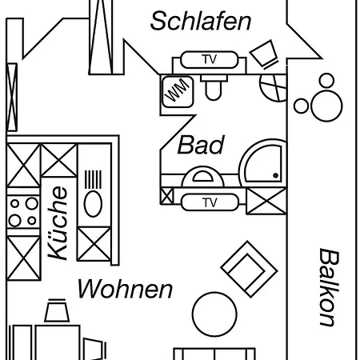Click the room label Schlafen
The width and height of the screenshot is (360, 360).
[x=201, y=21]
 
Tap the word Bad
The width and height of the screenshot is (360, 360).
[x=201, y=145]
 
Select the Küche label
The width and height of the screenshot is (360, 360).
[x=58, y=223]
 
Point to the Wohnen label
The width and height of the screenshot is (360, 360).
[x=125, y=289]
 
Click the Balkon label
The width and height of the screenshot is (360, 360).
[x=330, y=287]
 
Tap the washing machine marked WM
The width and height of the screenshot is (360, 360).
[x=178, y=92]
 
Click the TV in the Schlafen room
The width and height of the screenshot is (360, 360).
[x=209, y=59]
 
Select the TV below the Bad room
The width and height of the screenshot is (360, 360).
[x=210, y=202]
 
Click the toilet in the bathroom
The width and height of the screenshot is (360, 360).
[x=214, y=87]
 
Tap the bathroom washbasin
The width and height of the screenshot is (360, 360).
[x=202, y=177]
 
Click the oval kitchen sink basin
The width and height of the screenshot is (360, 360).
[x=93, y=204]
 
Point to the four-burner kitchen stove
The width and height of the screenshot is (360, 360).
[x=23, y=212]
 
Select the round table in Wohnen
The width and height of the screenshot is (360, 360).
[x=214, y=314]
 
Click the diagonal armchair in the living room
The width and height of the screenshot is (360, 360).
[x=249, y=270]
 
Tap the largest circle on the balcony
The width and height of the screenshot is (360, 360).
[x=326, y=106]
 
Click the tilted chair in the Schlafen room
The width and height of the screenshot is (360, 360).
[x=264, y=54]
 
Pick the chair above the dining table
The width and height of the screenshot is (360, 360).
[x=57, y=310]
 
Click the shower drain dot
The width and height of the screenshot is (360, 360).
[x=276, y=175]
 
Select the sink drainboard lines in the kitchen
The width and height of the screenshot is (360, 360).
[x=93, y=179]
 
